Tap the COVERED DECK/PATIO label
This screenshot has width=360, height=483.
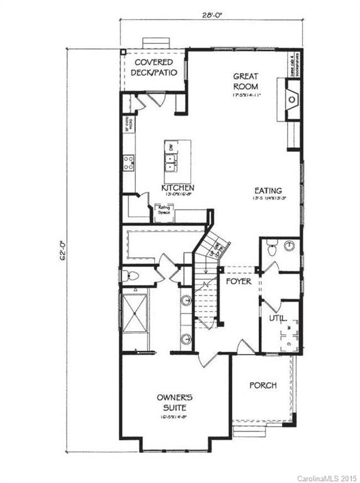[152, 68]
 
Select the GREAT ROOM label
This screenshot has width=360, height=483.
[246, 82]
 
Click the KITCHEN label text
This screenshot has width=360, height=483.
[177, 188]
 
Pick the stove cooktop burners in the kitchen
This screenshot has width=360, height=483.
[128, 164]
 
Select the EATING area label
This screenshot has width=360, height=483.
[267, 191]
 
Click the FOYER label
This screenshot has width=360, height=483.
[239, 281]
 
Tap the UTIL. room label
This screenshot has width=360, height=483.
[277, 319]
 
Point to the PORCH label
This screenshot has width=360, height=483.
[262, 385]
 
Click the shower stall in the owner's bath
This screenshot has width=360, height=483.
[135, 313]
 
